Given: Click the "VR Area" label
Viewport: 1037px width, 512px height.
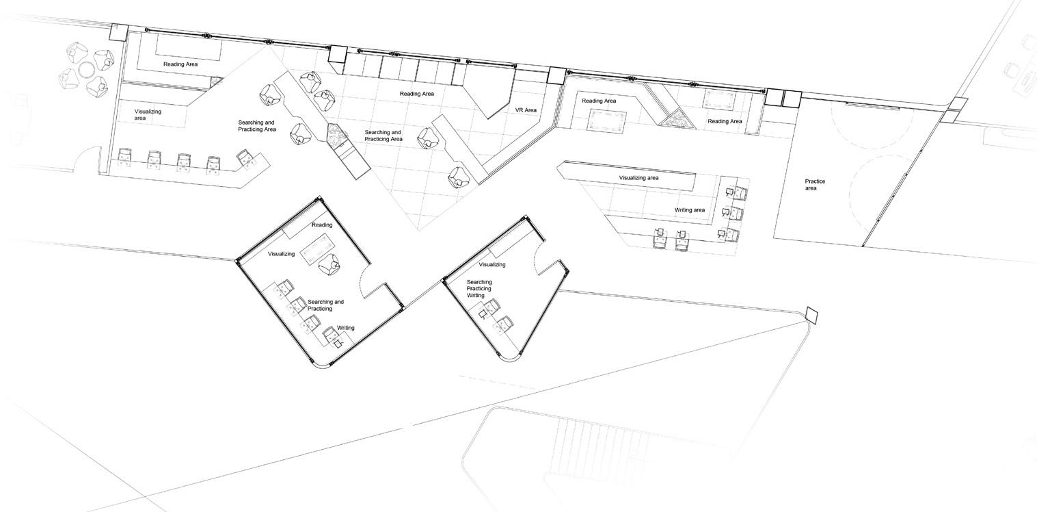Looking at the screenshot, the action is (x=526, y=110).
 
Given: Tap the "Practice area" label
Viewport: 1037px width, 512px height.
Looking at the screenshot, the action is (x=815, y=185).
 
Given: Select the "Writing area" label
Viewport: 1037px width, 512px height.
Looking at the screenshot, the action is (x=689, y=210).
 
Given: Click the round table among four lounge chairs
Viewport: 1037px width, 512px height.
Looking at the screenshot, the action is (x=86, y=70).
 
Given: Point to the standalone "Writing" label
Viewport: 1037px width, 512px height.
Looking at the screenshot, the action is (x=346, y=328).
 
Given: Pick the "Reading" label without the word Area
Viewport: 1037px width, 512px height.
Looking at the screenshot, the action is (x=322, y=225).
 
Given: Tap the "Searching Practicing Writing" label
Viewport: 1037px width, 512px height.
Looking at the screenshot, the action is (x=479, y=289).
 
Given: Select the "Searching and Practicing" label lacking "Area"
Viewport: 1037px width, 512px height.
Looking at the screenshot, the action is (x=325, y=305).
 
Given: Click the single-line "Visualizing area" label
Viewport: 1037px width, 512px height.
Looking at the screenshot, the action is (x=638, y=178).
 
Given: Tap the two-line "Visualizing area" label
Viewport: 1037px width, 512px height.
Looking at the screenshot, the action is (x=148, y=114).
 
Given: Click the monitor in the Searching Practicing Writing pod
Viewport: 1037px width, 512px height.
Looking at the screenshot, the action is (x=483, y=314).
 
